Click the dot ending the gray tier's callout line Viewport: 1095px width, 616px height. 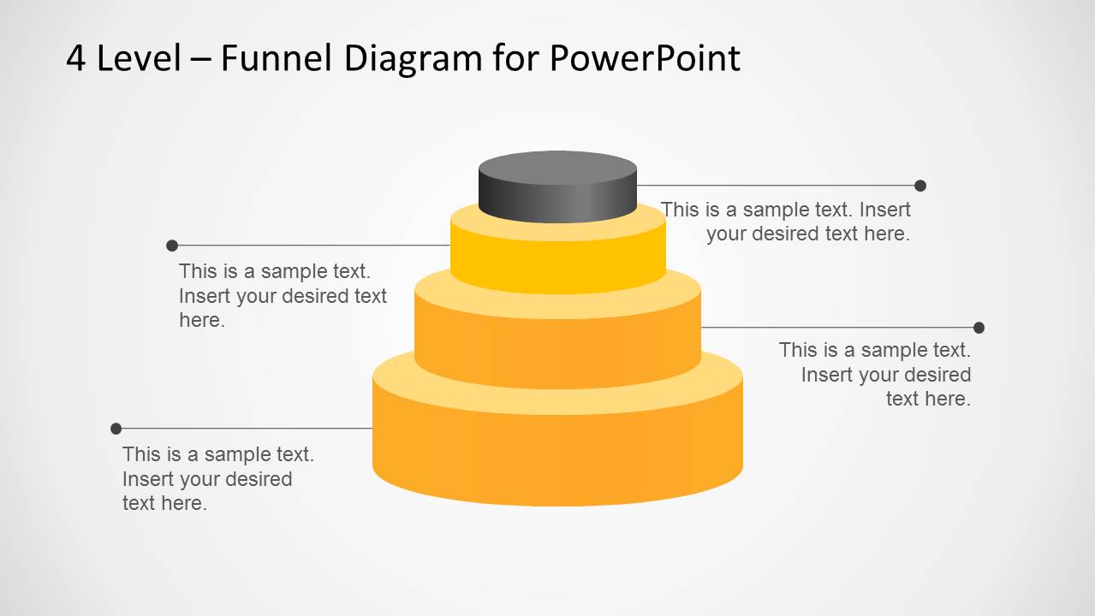point(920,186)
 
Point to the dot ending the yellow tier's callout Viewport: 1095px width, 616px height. point(172,246)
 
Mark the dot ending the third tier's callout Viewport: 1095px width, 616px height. point(979,328)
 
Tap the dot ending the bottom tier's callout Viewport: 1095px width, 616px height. point(116,429)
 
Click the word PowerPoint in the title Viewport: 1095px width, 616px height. point(645,58)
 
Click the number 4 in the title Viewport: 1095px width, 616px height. point(75,58)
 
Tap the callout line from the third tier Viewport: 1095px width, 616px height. point(839,328)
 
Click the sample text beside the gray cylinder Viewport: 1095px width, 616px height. point(786,222)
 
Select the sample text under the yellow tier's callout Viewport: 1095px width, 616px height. point(283,296)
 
